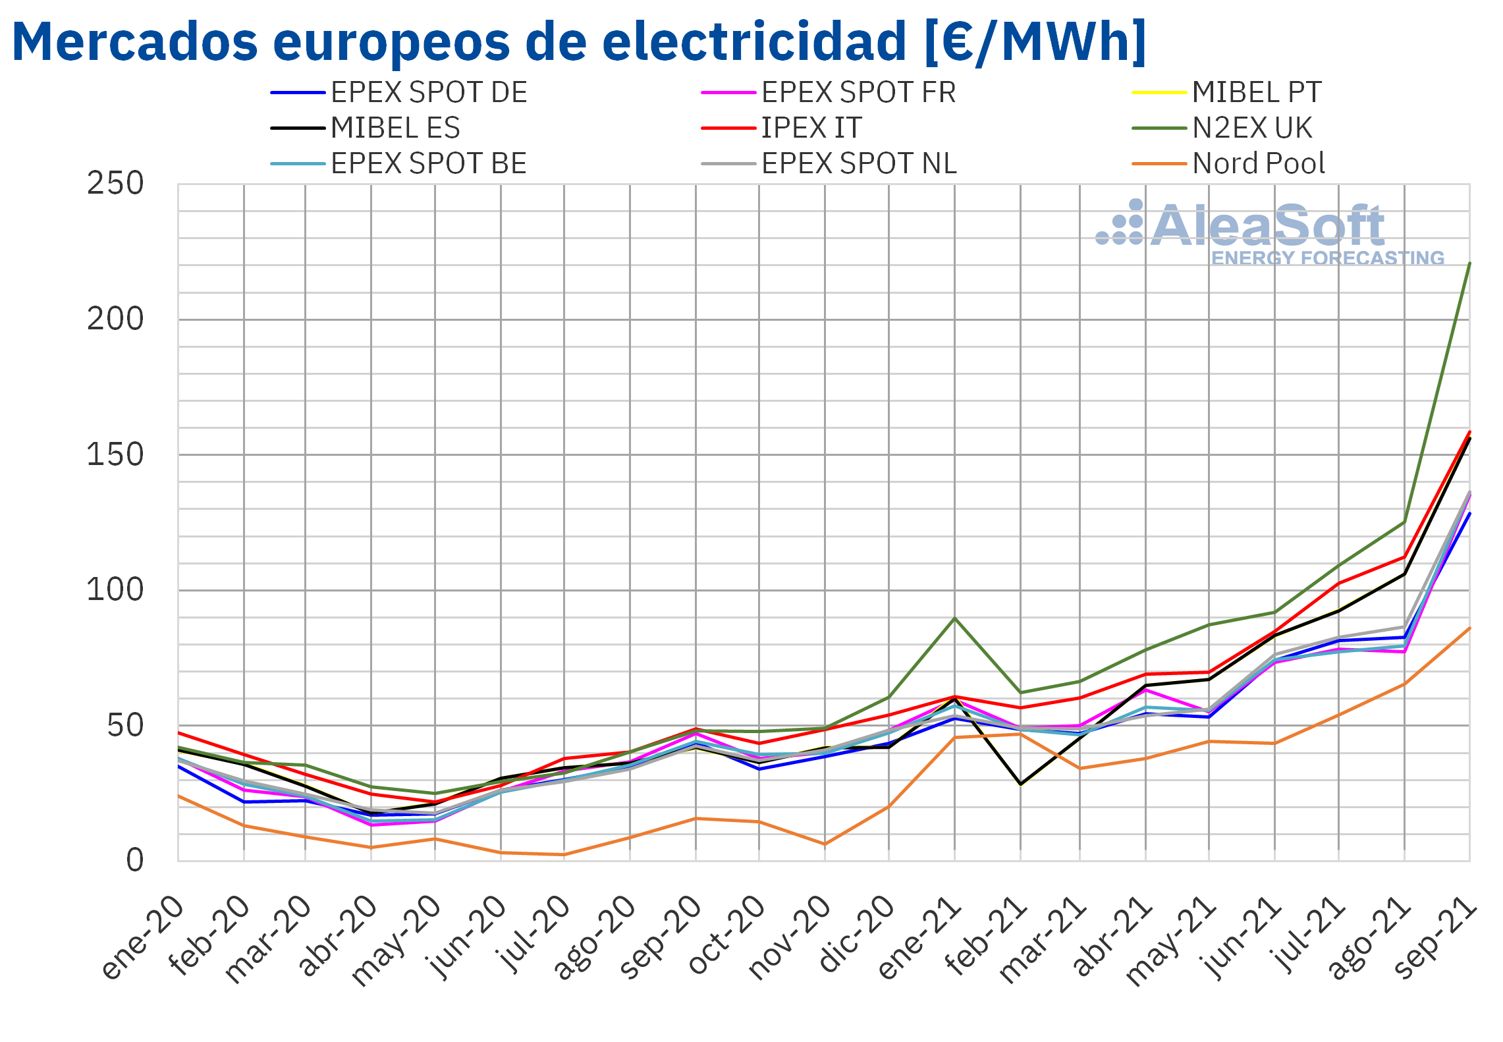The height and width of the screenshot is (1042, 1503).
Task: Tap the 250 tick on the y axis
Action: pos(115,184)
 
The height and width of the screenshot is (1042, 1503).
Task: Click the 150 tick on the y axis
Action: pos(115,455)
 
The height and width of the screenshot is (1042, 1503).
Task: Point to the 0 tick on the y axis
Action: pos(135,860)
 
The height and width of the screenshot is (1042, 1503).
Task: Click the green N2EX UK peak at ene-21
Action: pos(954,618)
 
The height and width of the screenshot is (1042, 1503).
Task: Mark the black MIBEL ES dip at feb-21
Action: pos(1020,784)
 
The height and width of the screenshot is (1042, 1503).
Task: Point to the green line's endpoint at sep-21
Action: pos(1469,263)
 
